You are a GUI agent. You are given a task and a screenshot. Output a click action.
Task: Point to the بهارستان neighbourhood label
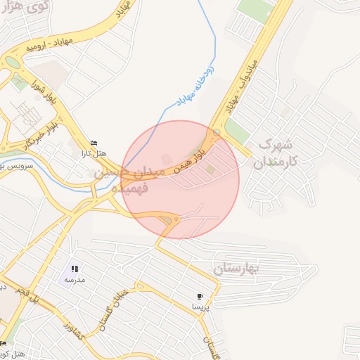(236, 268)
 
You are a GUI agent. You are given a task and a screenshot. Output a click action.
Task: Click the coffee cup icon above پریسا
(200, 296)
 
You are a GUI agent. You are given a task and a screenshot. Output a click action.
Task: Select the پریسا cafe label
(200, 307)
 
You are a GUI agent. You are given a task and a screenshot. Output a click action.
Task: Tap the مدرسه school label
(75, 279)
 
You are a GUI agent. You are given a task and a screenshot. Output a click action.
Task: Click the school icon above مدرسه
(75, 269)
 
